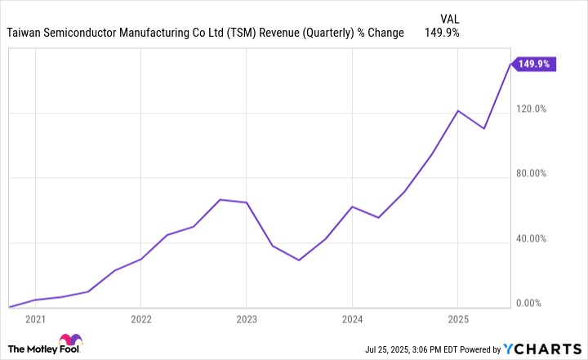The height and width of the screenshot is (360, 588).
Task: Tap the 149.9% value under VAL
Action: click(x=443, y=33)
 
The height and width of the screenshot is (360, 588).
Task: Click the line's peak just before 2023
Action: click(x=220, y=199)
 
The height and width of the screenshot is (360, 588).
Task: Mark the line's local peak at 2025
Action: click(x=457, y=110)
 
